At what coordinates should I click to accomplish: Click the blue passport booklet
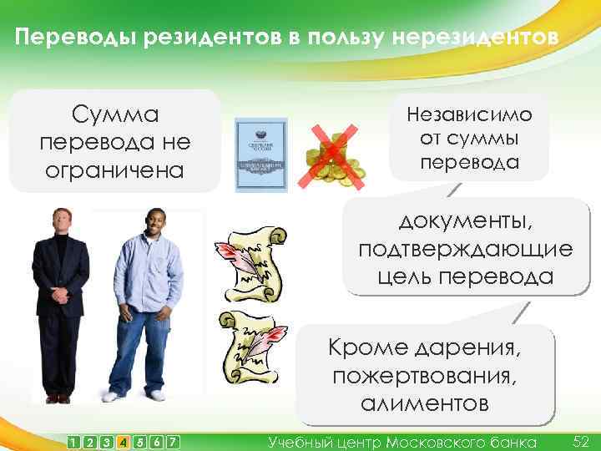pos(260,156)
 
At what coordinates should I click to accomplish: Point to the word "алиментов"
pos(425,403)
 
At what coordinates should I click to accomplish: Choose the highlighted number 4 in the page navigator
pos(123,441)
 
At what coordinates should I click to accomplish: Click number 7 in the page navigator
pos(171,441)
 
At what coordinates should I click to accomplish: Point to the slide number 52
pos(581,440)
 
